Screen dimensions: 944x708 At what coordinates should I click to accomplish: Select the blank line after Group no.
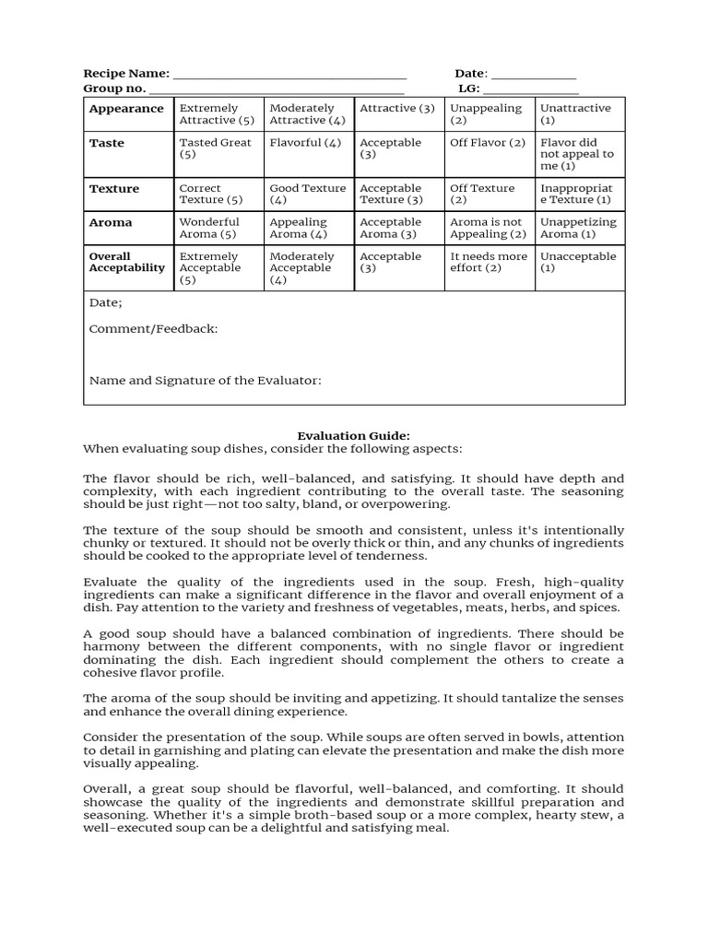pos(276,90)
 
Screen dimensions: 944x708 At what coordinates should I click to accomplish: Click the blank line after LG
pos(531,90)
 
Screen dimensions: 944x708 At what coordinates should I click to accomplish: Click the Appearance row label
pos(126,109)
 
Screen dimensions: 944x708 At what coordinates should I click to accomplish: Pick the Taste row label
pos(107,143)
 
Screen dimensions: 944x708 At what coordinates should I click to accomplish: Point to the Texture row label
pos(114,189)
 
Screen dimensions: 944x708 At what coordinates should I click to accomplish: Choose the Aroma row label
pos(111,223)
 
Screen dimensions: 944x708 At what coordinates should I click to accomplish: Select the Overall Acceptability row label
pos(126,263)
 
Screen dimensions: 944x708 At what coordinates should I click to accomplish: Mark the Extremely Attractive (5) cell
pos(218,114)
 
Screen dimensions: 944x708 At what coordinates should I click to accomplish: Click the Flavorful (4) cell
pos(306,143)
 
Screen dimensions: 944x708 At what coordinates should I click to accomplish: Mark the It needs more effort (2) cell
pos(489,263)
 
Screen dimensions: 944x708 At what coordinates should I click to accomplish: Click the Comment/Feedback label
pos(153,329)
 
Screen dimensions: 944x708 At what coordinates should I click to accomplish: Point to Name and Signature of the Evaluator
pos(205,380)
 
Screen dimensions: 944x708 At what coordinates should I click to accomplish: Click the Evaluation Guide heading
pos(353,435)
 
